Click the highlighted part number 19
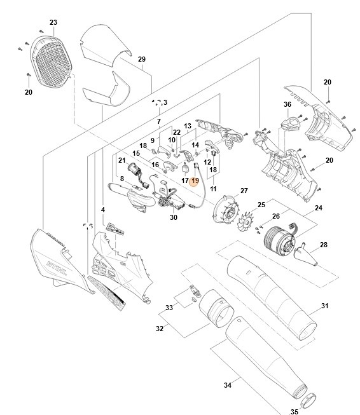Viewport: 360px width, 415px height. coord(195,180)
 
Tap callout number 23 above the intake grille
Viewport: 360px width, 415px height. coord(53,22)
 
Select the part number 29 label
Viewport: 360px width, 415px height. coord(142,59)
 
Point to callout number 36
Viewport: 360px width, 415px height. coord(287,105)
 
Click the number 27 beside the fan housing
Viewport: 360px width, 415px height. coord(244,191)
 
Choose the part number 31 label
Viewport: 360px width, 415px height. coord(324,306)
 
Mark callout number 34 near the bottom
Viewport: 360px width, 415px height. coord(228,384)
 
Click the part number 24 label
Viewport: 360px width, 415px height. coord(318,208)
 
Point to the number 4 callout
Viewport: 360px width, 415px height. coord(103,209)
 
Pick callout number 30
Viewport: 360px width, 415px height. coord(173,217)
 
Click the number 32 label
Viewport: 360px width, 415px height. coord(159,329)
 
